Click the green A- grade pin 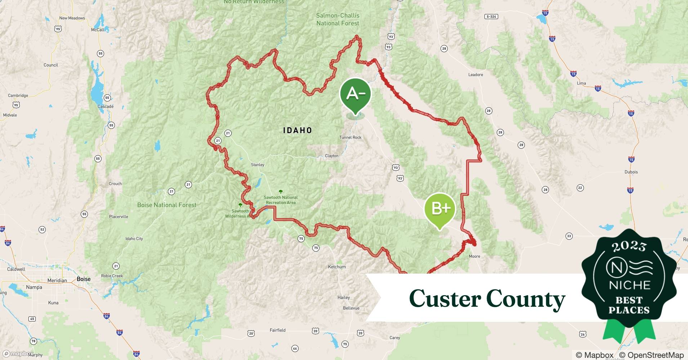point(355,94)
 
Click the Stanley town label point(258,165)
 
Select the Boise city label point(84,279)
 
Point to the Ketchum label point(337,267)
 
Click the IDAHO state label point(298,130)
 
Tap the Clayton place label point(331,156)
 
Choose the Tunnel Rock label point(350,138)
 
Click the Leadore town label point(475,75)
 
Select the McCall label point(98,30)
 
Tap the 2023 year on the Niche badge point(629,246)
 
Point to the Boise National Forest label point(167,205)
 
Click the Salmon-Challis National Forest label point(338,19)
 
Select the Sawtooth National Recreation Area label point(281,200)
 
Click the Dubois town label point(631,172)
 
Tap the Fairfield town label point(277,330)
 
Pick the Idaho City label point(134,239)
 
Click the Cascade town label point(106,107)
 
